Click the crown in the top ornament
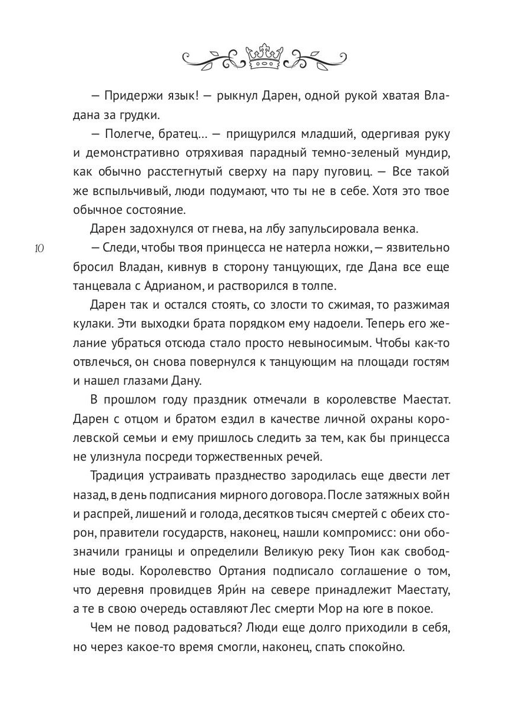(264, 57)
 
